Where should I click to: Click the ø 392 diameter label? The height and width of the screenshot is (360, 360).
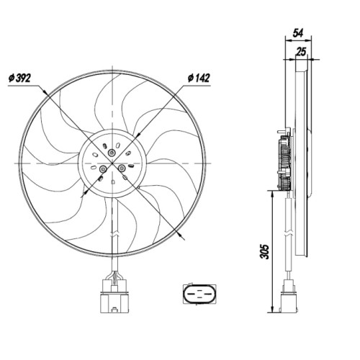[x=20, y=78]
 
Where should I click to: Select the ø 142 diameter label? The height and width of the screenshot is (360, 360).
[x=199, y=78]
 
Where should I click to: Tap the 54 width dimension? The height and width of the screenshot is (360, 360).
[x=298, y=33]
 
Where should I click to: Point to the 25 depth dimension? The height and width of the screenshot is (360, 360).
[x=301, y=52]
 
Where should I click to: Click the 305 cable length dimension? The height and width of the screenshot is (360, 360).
[x=264, y=252]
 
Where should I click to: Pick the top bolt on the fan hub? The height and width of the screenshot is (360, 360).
[x=112, y=152]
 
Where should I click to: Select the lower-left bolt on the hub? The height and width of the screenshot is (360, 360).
[x=103, y=169]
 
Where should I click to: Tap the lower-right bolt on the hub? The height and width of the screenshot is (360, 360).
[x=122, y=168]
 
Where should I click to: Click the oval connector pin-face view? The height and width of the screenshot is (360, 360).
[x=199, y=294]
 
